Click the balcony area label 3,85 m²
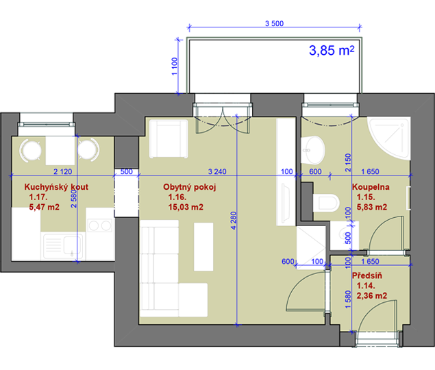[332, 50]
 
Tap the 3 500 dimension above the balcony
[275, 23]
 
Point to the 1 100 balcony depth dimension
[175, 66]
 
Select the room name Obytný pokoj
[190, 187]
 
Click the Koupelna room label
[371, 187]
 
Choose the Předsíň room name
[367, 275]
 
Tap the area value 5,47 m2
[44, 207]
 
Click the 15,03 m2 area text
[186, 207]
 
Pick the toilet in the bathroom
[327, 203]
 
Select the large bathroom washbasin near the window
[312, 150]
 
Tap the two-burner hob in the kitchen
[100, 225]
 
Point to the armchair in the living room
[169, 139]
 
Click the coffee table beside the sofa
[203, 247]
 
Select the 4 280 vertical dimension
[234, 221]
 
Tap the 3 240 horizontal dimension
[217, 171]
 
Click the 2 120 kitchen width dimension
[63, 171]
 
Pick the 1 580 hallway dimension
[348, 299]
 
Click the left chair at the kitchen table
[31, 151]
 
